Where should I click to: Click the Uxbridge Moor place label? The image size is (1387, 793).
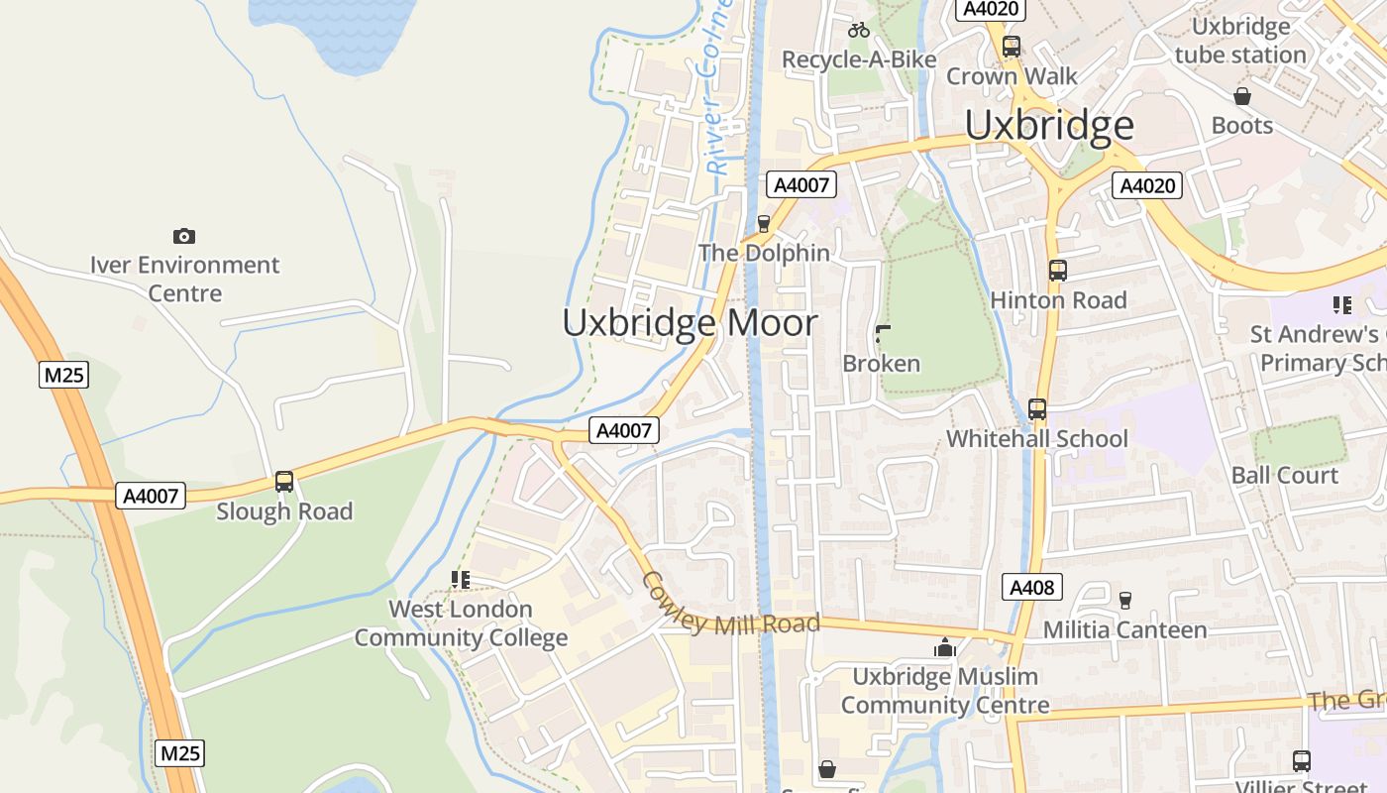click(x=691, y=323)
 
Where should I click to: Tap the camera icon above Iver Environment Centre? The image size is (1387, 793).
click(x=183, y=236)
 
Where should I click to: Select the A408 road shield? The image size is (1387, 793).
click(x=1031, y=587)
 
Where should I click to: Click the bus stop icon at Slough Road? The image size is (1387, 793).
click(x=284, y=482)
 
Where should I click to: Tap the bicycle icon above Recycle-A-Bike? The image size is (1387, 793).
click(x=859, y=30)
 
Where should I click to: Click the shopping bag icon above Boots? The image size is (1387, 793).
click(x=1241, y=96)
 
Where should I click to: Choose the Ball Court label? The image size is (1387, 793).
click(x=1284, y=475)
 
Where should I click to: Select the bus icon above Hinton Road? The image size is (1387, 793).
click(x=1057, y=271)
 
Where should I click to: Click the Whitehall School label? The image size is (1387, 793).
click(x=1036, y=438)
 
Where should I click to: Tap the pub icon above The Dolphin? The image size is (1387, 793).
click(x=764, y=224)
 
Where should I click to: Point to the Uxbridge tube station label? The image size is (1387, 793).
click(x=1240, y=41)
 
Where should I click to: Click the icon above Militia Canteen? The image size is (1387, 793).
click(x=1124, y=600)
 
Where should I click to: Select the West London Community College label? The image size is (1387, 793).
click(x=461, y=623)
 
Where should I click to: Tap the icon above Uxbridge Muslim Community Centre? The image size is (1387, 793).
click(x=945, y=647)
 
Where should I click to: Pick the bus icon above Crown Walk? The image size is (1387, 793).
click(x=1011, y=46)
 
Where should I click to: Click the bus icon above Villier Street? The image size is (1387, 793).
click(x=1301, y=760)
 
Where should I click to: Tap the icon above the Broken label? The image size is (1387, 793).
click(x=882, y=334)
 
